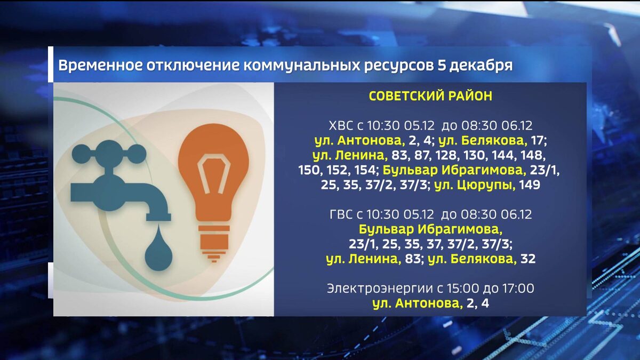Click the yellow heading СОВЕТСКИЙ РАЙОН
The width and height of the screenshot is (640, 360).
point(430,97)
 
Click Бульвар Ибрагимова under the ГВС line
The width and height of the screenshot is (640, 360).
point(430,230)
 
